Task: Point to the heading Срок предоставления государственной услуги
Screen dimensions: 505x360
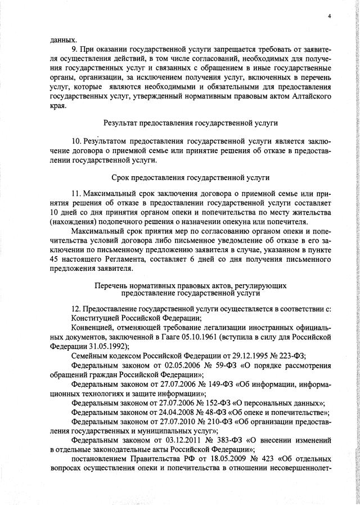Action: click(191, 177)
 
